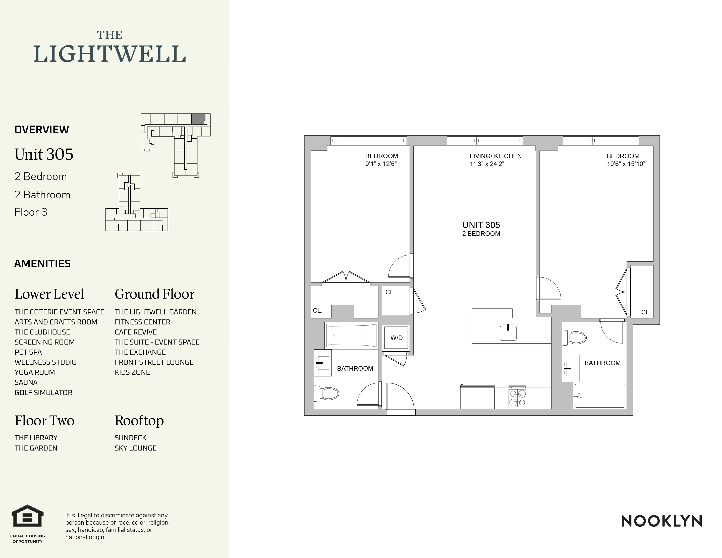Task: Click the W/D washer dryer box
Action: coord(396,338)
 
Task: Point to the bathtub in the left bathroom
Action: coord(351,335)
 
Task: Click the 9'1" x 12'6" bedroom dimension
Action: coord(381,164)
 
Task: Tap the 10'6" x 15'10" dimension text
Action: coord(626,164)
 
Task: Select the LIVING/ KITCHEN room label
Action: coord(495,156)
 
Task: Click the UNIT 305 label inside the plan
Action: coord(481,225)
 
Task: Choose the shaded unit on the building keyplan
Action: coord(198,119)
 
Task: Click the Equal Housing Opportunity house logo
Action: coord(28,516)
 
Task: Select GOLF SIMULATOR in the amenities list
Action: coord(43,393)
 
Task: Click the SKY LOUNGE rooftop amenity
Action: coord(136,448)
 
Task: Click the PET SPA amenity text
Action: coord(28,352)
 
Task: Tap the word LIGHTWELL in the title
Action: coord(109,54)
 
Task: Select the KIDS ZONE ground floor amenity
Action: coord(132,372)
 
